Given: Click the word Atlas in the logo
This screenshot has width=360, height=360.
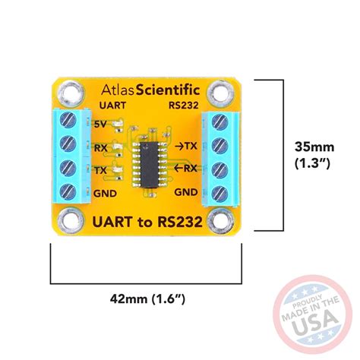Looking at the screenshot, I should point(112,89).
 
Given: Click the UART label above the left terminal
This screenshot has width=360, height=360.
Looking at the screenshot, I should point(112,107).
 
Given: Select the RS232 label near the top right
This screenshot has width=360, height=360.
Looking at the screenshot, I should point(185,107).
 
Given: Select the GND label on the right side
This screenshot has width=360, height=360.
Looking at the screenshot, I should point(186,193).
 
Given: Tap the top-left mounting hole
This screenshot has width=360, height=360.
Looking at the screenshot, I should point(70,94).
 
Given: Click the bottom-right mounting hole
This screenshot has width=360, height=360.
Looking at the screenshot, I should point(226,222).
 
